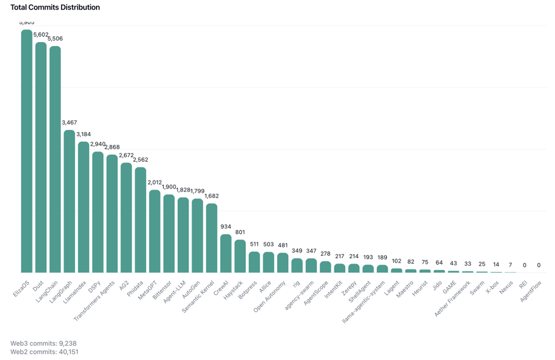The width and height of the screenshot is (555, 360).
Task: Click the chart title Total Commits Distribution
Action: coord(55,8)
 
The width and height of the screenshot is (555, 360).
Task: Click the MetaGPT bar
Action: coord(155,231)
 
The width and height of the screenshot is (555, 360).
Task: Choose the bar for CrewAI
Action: coord(226,253)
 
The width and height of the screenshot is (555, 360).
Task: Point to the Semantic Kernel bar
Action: coord(211,238)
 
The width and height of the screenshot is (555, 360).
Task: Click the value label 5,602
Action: coord(41,34)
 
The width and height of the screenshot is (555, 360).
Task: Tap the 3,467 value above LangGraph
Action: coord(69,122)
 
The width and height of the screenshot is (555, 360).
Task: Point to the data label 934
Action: coord(226,226)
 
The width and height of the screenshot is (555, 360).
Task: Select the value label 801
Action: coord(240,232)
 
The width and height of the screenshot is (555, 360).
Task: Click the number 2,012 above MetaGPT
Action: coord(155,182)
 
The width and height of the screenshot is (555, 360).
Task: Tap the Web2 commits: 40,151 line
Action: coord(44,352)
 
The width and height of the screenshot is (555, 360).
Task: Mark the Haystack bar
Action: coord(240,256)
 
